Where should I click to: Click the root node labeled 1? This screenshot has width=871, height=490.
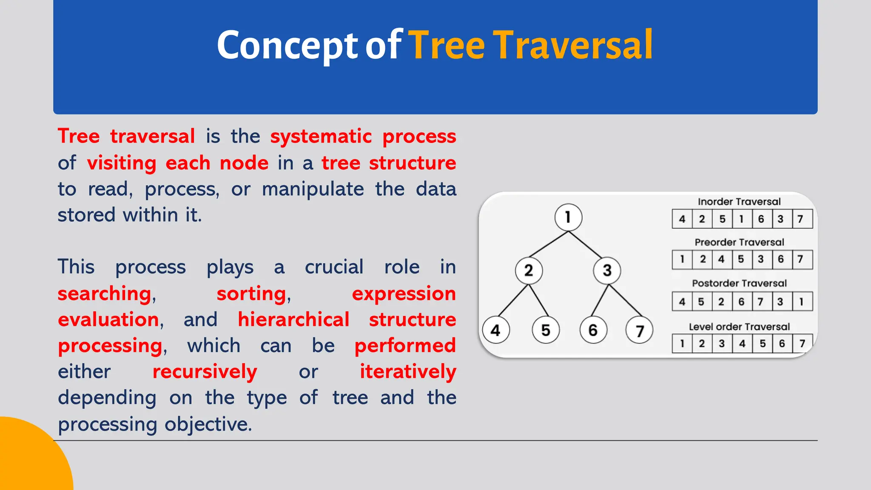(568, 217)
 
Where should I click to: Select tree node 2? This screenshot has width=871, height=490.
(529, 270)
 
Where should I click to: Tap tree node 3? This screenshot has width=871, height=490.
(607, 270)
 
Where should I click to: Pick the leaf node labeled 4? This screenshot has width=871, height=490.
(496, 330)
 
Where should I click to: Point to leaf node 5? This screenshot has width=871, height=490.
(546, 330)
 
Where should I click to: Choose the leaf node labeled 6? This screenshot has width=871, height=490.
(593, 330)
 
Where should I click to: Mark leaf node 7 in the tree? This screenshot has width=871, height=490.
(639, 330)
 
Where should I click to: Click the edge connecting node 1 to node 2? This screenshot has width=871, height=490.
(548, 244)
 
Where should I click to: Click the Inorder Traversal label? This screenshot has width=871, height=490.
(739, 202)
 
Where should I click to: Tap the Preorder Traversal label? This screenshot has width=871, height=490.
(739, 242)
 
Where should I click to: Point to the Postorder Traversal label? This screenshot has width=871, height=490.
(739, 283)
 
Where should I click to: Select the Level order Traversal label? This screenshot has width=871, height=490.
(739, 327)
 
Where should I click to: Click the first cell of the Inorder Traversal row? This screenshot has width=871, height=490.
(682, 219)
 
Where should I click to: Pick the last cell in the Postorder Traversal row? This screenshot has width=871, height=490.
(802, 302)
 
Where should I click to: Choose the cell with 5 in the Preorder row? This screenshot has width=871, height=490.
(741, 259)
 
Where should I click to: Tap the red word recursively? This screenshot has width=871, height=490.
(205, 372)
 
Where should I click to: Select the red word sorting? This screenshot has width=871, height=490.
(251, 294)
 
